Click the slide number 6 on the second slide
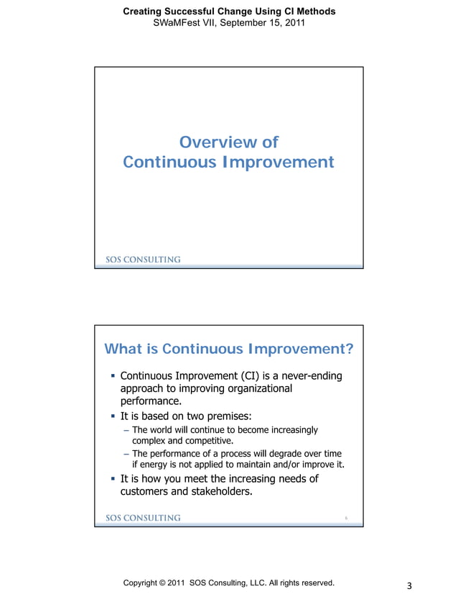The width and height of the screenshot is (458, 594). pos(346,518)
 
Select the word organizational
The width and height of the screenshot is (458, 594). pos(252,388)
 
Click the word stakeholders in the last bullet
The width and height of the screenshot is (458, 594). pos(216,493)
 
